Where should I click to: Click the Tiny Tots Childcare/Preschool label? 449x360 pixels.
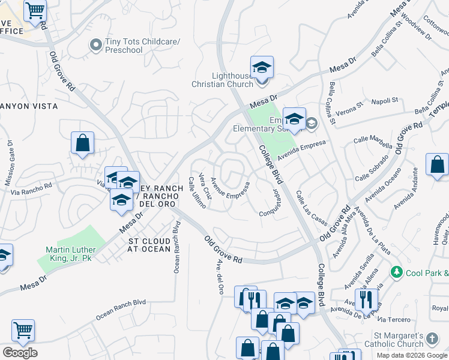tap(124, 46)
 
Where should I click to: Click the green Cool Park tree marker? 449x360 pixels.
tap(396, 272)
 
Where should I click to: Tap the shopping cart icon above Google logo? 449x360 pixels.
tap(23, 329)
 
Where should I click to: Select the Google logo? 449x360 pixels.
tap(20, 353)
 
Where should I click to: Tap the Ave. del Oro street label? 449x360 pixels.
tap(220, 277)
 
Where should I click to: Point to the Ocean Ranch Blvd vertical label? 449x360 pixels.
tap(176, 247)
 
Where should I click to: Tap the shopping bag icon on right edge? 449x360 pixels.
tap(438, 164)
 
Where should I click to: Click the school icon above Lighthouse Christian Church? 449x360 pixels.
tap(262, 66)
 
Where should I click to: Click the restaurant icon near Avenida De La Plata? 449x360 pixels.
tap(366, 299)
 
